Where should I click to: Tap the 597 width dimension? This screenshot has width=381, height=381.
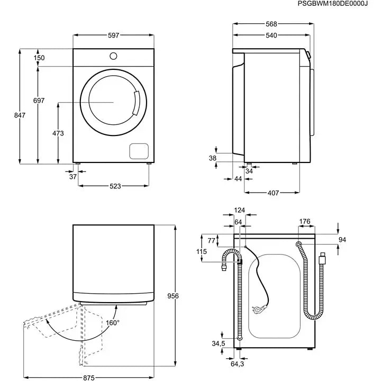click(x=113, y=35)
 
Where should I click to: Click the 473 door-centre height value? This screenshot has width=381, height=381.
click(x=58, y=133)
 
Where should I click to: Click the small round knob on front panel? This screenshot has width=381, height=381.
click(x=114, y=56)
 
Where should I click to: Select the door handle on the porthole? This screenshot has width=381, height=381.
click(x=137, y=103)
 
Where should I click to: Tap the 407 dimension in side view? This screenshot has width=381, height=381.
click(x=272, y=193)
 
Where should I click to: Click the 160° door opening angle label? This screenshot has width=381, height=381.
click(x=112, y=322)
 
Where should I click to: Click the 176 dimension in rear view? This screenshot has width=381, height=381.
click(x=304, y=221)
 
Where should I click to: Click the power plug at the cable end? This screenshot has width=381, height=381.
click(x=259, y=312)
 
